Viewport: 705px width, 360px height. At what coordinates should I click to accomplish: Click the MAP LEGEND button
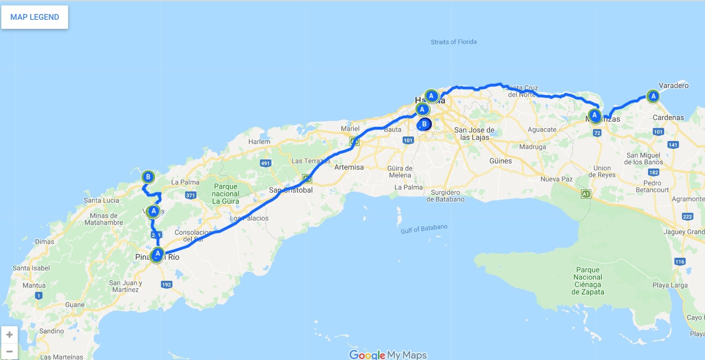tap(35, 17)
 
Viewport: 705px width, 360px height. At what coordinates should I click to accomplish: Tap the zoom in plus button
tap(9, 334)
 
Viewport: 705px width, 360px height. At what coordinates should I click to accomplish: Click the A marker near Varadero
tap(653, 96)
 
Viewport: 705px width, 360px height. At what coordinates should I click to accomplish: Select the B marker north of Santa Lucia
tap(148, 177)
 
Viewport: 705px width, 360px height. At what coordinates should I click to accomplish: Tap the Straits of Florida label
tap(453, 42)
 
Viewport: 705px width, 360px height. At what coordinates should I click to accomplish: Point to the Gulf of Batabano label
tap(424, 229)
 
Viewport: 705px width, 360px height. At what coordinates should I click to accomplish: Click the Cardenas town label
tap(668, 118)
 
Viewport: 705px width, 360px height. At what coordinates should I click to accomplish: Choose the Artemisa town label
tap(349, 167)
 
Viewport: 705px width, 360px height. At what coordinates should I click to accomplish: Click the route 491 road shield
tap(265, 163)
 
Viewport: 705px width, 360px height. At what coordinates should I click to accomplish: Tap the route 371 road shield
tap(190, 195)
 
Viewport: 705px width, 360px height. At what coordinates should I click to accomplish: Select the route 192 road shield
tap(167, 285)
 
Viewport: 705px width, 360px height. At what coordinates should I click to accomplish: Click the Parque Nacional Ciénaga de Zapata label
tap(587, 281)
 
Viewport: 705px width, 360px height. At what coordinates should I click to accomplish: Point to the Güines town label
tap(500, 161)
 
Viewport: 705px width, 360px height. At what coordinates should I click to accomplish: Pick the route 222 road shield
tap(687, 216)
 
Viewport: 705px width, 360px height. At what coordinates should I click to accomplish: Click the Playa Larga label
tap(670, 285)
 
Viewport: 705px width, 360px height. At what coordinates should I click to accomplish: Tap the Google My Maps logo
tap(388, 355)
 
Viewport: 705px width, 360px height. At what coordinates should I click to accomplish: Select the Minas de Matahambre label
tap(104, 219)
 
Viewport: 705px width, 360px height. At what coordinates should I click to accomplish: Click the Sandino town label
tap(52, 331)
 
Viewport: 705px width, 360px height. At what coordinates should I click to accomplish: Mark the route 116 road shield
tap(680, 261)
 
